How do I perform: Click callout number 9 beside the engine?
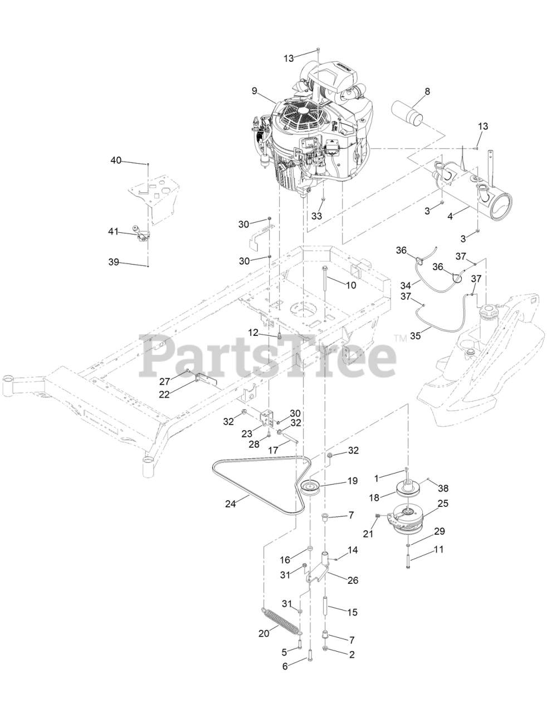[254, 90]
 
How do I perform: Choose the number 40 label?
[115, 160]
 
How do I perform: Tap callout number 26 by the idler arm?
[352, 580]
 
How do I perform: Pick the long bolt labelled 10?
[324, 288]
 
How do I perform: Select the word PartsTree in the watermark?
[267, 354]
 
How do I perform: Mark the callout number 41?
[113, 231]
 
